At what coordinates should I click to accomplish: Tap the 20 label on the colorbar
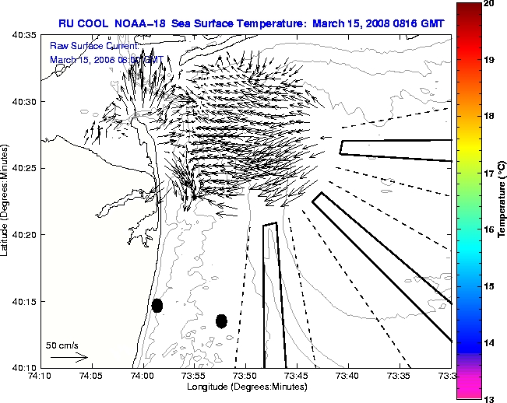[488, 4]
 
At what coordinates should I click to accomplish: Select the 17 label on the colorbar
[488, 173]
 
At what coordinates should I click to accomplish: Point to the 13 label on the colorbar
[488, 398]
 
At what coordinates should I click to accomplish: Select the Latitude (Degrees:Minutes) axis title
[7, 201]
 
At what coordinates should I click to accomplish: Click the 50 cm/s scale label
[62, 345]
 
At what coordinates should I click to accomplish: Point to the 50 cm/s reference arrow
[69, 357]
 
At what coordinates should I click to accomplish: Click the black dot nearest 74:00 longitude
[157, 305]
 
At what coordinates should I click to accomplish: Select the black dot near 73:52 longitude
[221, 321]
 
